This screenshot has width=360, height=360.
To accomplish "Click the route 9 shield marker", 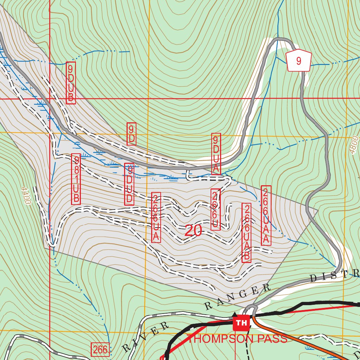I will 298,61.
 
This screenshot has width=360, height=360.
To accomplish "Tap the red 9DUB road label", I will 71,83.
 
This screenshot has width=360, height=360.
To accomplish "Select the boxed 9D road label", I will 131,134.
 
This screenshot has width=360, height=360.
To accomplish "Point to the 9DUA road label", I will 216,154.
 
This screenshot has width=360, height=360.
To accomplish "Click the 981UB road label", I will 76,179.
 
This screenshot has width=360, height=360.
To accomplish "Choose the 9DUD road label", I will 129,184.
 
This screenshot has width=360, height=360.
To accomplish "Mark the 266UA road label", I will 156,217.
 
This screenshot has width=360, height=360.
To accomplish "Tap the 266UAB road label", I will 247,233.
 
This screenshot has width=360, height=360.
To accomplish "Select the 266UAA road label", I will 266,216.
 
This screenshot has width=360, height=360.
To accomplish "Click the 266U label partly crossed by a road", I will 216,210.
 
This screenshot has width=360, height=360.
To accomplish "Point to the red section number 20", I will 193,231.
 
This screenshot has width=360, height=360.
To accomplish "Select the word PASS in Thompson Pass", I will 272,339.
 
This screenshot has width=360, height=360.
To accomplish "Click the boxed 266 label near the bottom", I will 100,349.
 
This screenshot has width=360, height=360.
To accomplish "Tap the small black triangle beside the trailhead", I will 235,314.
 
